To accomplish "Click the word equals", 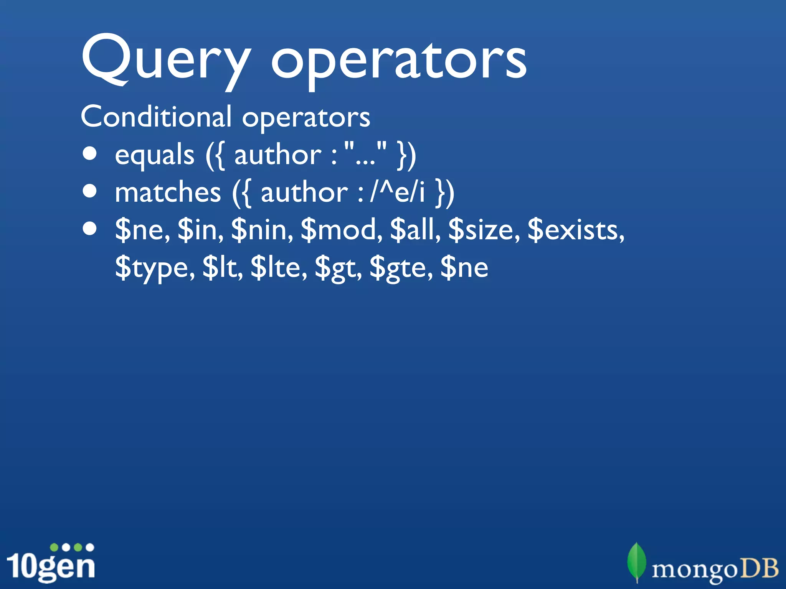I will (155, 155).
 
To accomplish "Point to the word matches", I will (168, 192).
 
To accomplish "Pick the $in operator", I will (200, 230).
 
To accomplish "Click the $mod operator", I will (341, 230).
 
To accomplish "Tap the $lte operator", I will (279, 268).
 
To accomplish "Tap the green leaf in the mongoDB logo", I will (636, 562).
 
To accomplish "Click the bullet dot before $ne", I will (90, 229).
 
